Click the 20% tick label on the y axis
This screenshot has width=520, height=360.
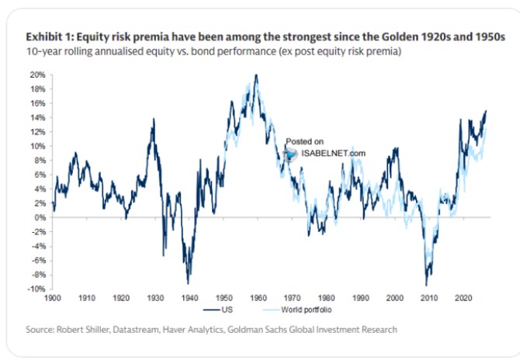tap(37, 75)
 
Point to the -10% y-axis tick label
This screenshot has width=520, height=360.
tap(36, 289)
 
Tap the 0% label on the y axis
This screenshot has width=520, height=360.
tap(40, 217)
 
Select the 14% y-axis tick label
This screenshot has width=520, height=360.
tap(37, 118)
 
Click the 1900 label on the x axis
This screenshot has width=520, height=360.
tap(53, 298)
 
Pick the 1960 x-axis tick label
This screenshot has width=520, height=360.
tap(258, 298)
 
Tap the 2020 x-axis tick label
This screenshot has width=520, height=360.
tap(463, 298)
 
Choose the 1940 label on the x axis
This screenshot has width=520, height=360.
tap(189, 298)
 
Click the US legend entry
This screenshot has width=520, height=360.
tap(218, 310)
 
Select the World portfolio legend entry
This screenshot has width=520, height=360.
tap(297, 310)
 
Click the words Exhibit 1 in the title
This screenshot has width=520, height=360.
tap(50, 36)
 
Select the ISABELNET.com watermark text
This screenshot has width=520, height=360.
tap(333, 154)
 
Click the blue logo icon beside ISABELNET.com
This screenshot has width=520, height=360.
tap(290, 154)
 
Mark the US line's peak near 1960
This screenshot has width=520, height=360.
tap(256, 75)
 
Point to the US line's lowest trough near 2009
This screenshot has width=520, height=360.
tap(426, 285)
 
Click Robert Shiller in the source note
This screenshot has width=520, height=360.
tap(83, 330)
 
